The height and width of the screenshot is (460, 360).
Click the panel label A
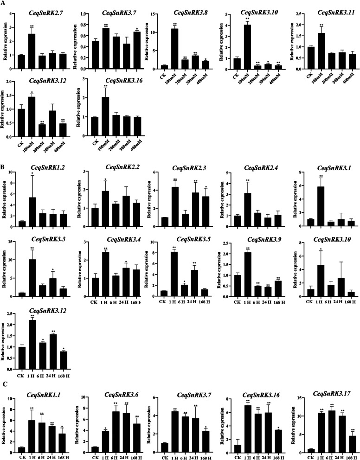coord(4,4)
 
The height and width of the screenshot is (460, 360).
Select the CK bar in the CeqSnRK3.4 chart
coord(94,280)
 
